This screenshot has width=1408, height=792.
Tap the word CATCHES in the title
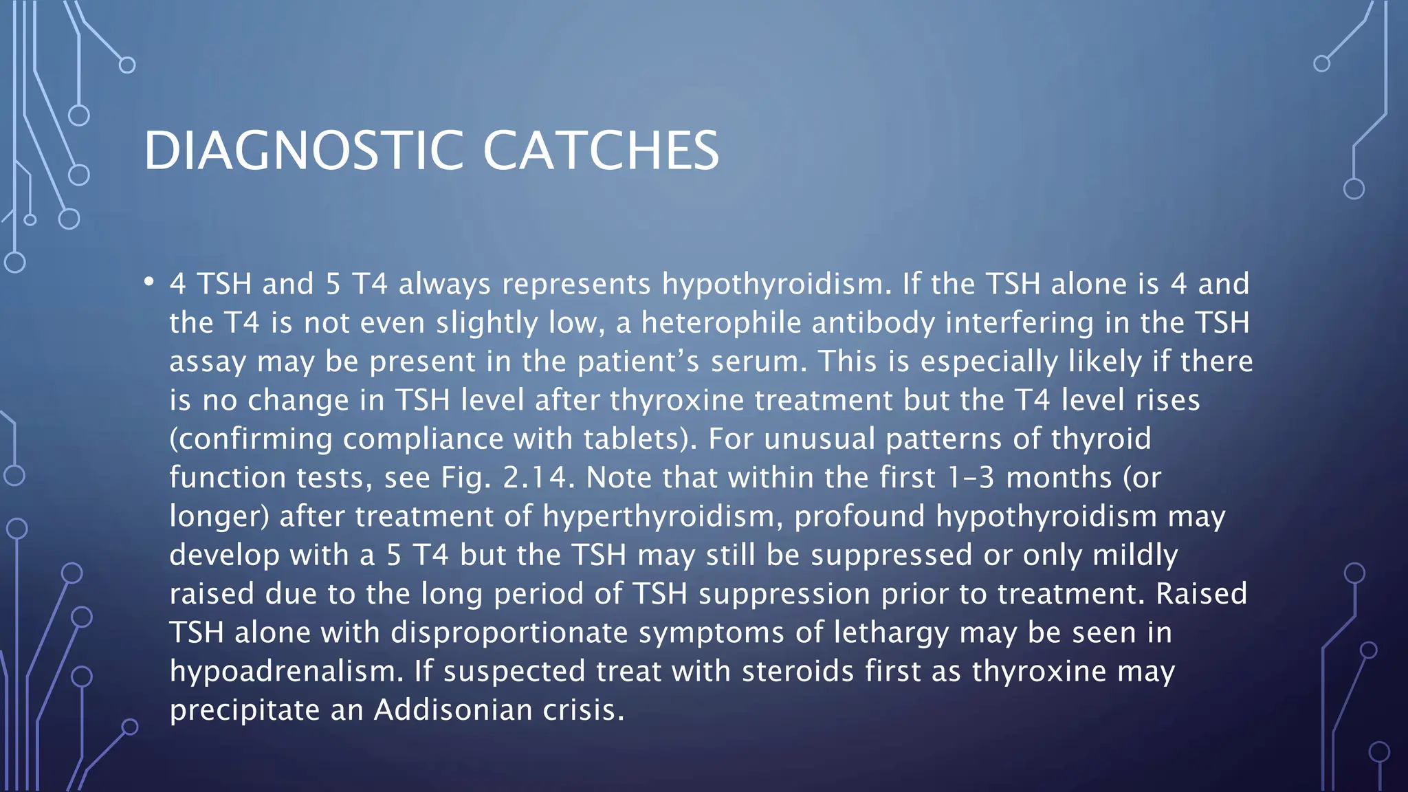pos(601,151)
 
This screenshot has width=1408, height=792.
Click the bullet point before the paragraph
pos(149,283)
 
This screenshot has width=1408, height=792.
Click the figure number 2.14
pos(536,478)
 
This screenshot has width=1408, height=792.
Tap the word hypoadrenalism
pos(285,672)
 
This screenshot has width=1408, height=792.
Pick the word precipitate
pos(244,710)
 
